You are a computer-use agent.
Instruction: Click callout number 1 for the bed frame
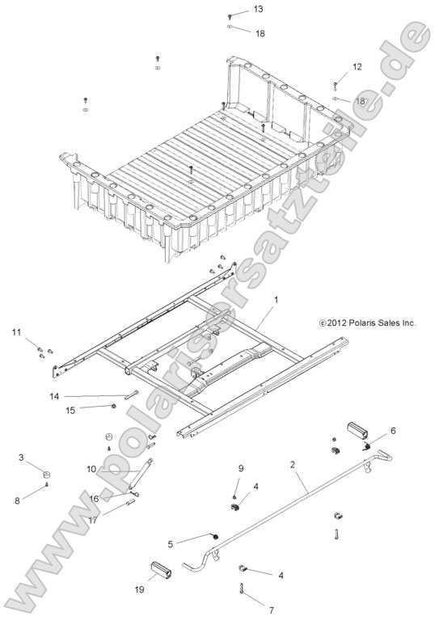[x=276, y=299]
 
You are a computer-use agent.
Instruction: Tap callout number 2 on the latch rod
[x=292, y=465]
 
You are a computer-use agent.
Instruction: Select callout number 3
[x=21, y=458]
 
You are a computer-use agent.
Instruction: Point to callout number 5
[x=171, y=543]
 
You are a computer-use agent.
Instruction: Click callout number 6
[x=394, y=430]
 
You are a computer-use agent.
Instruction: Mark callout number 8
[x=18, y=500]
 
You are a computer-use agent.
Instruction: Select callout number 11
[x=16, y=332]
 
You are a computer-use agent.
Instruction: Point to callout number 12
[x=357, y=67]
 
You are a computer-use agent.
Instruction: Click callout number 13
[x=236, y=9]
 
